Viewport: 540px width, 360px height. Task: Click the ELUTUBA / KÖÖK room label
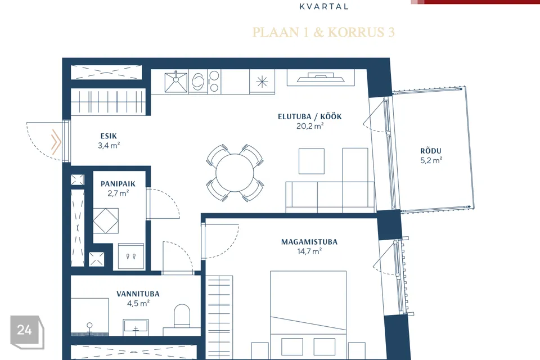pos(309,116)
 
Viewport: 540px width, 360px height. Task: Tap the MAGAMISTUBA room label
pos(309,242)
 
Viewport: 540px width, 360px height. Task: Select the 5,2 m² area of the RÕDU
pos(431,160)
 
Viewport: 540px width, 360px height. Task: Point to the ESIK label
pos(109,136)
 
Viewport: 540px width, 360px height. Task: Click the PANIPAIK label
pos(118,184)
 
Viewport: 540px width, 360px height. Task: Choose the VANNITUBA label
pos(138,294)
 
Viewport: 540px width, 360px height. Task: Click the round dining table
pos(235,173)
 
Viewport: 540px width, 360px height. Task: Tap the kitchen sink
pos(176,82)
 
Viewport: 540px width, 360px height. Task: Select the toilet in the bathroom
pos(182,316)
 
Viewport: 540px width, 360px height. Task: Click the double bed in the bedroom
pos(308,315)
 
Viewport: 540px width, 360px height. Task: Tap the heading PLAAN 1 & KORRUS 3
pos(323,32)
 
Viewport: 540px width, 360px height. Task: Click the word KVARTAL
pos(324,6)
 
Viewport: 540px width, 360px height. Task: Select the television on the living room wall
pos(321,78)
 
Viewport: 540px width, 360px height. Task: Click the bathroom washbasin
pos(136,326)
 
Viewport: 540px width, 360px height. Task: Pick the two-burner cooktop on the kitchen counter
pos(214,82)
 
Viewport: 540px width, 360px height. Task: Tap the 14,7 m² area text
pos(309,251)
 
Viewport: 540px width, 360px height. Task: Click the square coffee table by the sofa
pos(311,161)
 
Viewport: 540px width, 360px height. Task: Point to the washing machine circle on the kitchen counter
pos(197,82)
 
